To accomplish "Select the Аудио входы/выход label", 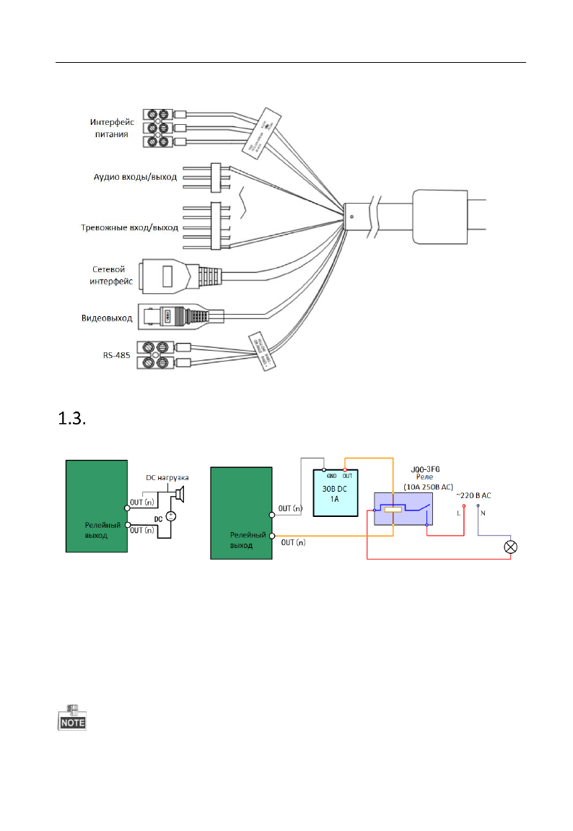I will tap(134, 176).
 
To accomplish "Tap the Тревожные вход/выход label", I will tap(128, 228).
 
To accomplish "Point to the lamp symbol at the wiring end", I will tap(511, 547).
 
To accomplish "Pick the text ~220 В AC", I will tap(473, 495).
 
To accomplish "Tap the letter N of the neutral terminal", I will tap(484, 513).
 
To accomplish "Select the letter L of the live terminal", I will tap(458, 513).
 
